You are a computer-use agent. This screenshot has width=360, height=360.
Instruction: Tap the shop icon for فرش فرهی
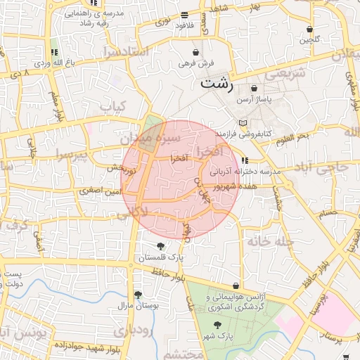pos(195,52)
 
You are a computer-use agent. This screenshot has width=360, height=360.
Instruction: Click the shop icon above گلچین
pos(310,29)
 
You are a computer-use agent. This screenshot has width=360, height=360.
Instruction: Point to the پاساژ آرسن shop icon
pos(254,89)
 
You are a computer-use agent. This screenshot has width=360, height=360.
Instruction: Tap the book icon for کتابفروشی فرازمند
pos(243,122)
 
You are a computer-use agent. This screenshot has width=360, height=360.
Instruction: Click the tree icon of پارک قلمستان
pos(161,246)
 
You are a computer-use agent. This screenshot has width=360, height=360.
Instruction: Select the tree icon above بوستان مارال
pos(138,295)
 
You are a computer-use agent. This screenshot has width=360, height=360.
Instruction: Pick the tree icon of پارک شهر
pos(217,325)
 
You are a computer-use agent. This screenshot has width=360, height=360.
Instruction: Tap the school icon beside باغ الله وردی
pos(54,52)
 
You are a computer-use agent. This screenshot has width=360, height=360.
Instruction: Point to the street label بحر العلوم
pos(292,135)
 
